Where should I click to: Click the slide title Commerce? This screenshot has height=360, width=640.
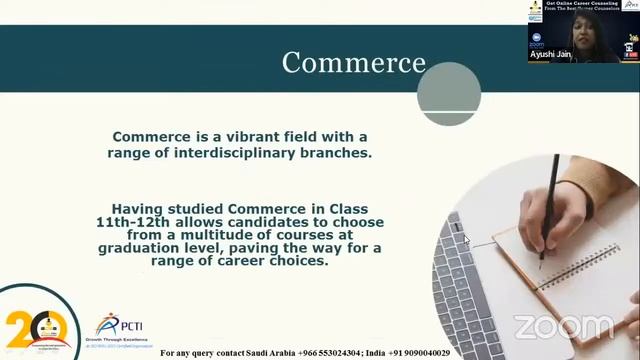[x=353, y=62]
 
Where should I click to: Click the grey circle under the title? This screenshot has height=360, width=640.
[x=449, y=93]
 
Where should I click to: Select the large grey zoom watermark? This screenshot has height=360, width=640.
[x=563, y=327]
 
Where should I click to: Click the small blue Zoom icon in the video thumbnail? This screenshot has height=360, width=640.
[x=537, y=37]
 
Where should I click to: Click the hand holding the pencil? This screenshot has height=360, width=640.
[x=570, y=210]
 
